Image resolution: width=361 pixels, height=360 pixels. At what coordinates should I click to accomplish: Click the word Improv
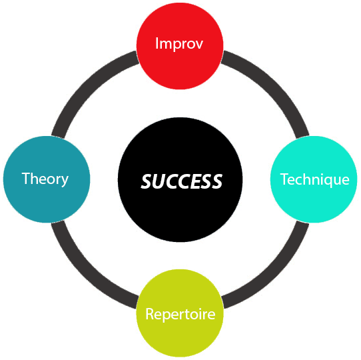179,43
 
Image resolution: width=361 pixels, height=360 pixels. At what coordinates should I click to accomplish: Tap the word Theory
45,179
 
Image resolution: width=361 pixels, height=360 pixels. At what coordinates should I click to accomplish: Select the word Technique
314,179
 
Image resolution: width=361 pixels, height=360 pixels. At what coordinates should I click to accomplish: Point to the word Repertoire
180,314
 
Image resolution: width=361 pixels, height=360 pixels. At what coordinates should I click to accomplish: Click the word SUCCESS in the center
182,181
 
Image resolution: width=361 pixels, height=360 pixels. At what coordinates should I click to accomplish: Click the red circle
180,46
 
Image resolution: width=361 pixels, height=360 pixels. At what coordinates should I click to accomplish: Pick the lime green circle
180,313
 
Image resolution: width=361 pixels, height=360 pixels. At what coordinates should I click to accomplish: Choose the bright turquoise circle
314,179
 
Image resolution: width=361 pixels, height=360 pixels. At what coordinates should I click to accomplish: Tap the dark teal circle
47,179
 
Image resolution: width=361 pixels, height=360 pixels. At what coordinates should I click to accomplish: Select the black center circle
180,180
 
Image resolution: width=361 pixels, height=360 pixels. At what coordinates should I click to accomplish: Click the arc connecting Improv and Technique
275,85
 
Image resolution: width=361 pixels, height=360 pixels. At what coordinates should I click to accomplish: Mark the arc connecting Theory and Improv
85,85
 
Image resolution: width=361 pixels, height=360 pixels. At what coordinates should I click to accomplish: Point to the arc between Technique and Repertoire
275,275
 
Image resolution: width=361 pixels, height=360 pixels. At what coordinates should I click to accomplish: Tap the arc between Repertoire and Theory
85,275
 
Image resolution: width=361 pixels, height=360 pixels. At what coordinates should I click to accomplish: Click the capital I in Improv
157,43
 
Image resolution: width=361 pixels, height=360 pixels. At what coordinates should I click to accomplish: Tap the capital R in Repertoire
150,314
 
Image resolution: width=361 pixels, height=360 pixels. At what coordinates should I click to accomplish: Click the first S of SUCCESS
147,181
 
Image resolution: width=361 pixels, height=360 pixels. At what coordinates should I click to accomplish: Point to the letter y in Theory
64,181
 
